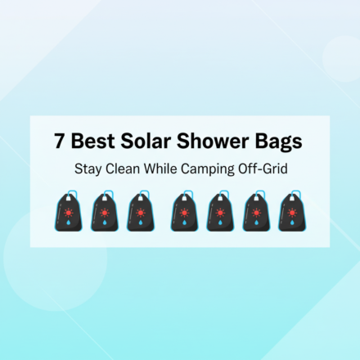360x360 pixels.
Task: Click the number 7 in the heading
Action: click(60, 141)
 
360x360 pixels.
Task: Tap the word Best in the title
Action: click(92, 141)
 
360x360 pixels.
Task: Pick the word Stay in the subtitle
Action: click(87, 169)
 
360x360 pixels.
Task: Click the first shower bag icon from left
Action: click(68, 214)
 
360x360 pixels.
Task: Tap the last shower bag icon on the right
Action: click(291, 214)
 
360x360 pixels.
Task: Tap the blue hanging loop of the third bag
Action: click(145, 196)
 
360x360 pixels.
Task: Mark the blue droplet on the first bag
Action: click(68, 222)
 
